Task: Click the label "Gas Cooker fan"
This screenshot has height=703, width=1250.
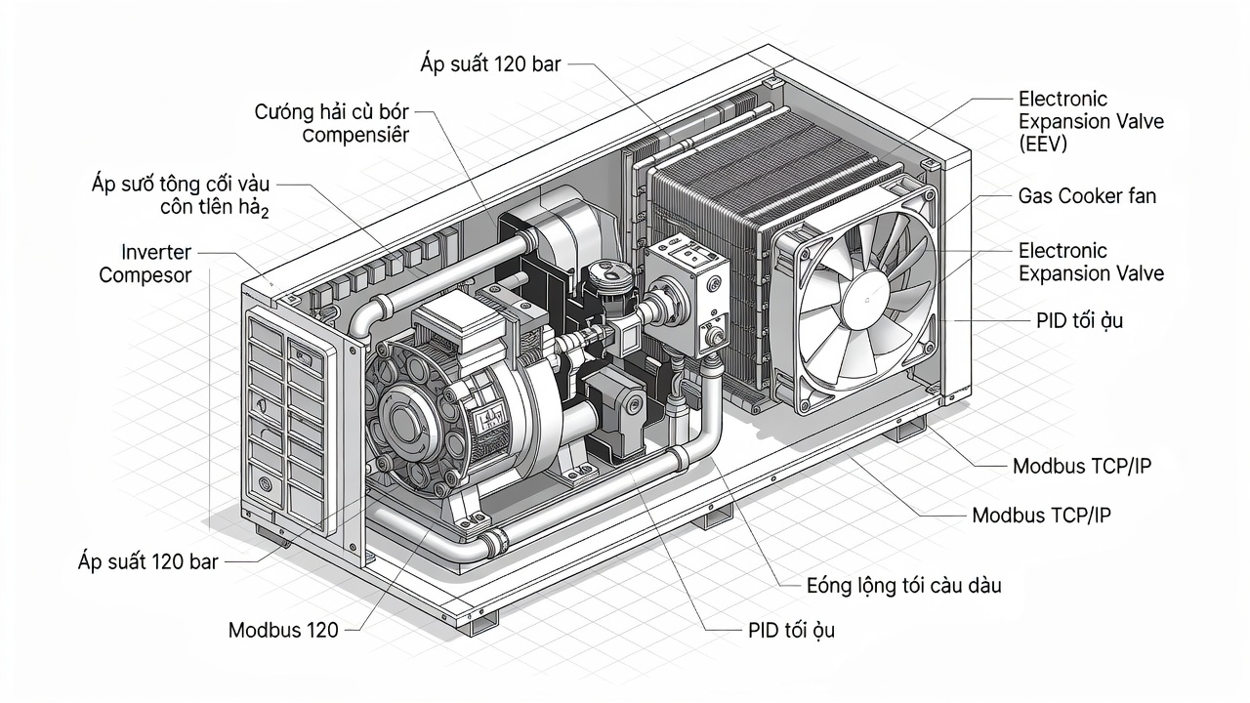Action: pyautogui.click(x=1087, y=196)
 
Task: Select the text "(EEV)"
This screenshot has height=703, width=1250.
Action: pyautogui.click(x=1043, y=145)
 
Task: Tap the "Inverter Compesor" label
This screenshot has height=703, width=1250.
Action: pyautogui.click(x=146, y=264)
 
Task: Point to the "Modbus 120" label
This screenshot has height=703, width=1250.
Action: pyautogui.click(x=283, y=630)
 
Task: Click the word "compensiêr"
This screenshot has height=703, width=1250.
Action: pyautogui.click(x=355, y=135)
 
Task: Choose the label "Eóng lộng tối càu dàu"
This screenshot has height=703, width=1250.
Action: pyautogui.click(x=904, y=586)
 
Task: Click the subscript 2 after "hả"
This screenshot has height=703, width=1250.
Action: pyautogui.click(x=265, y=213)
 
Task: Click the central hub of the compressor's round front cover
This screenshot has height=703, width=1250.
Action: pyautogui.click(x=400, y=418)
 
